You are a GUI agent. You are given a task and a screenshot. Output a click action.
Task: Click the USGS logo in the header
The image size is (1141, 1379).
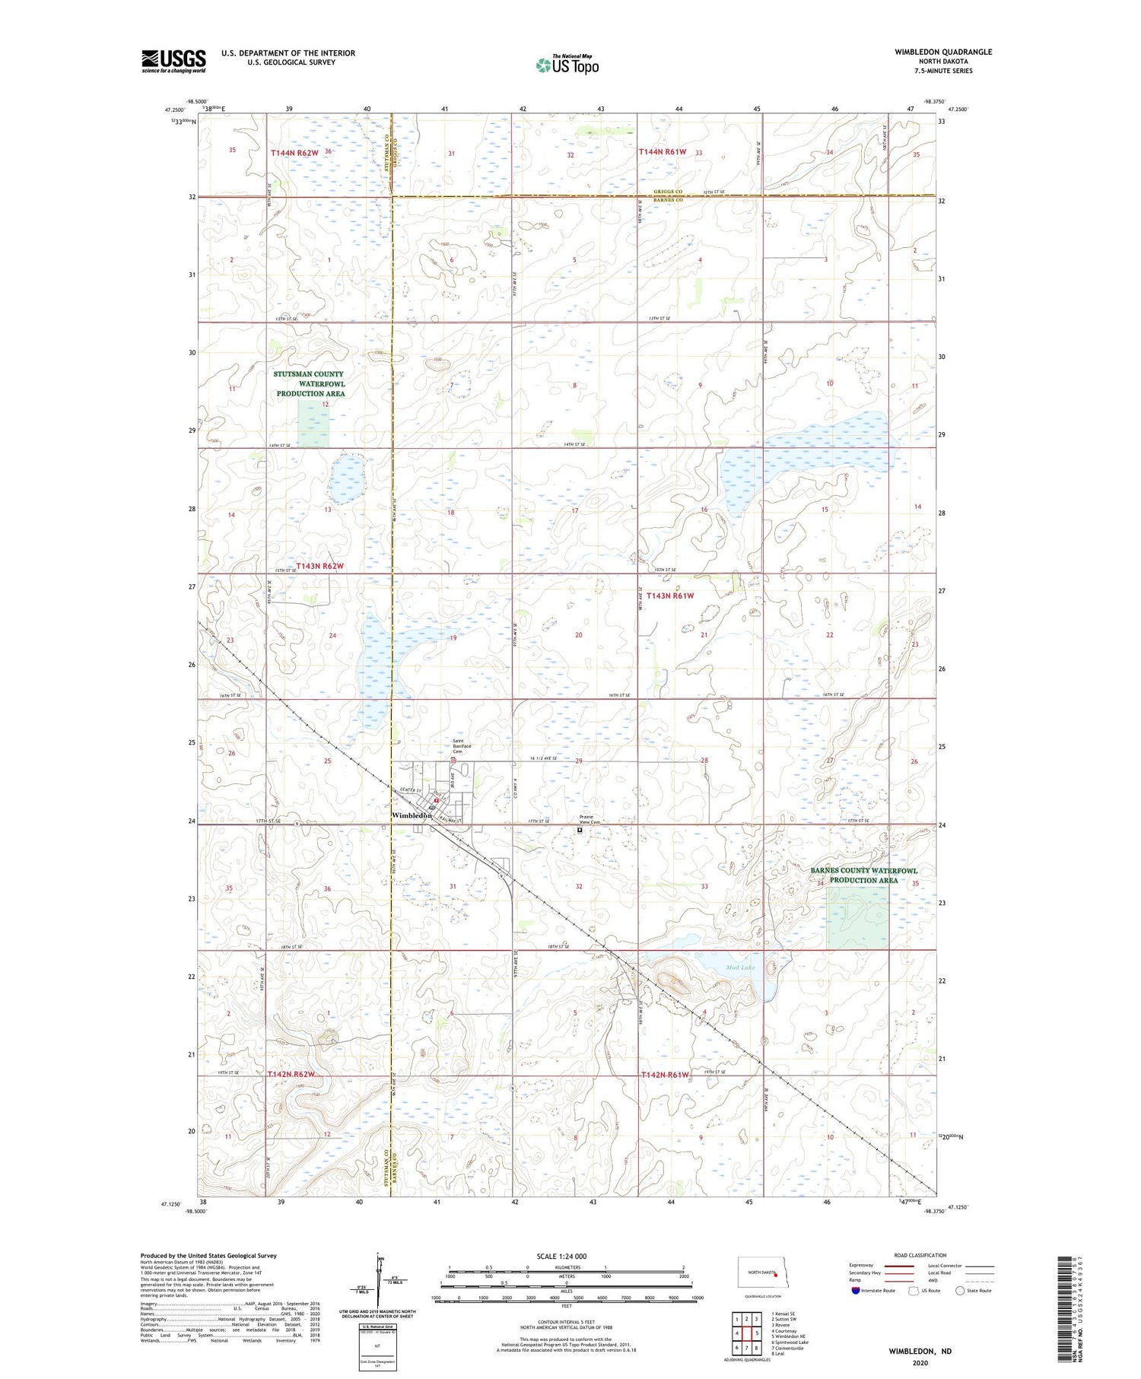(x=173, y=60)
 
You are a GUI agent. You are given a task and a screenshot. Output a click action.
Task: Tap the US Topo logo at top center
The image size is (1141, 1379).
(x=567, y=65)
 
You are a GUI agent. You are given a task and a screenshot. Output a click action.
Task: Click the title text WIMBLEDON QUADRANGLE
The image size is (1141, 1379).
(x=933, y=52)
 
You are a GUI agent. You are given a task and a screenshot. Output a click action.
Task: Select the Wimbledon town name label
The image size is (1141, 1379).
(x=412, y=815)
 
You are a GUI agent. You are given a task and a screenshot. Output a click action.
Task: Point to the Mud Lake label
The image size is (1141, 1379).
(x=739, y=967)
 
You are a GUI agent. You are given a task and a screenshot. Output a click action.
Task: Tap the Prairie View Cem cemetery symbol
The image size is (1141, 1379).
(x=580, y=831)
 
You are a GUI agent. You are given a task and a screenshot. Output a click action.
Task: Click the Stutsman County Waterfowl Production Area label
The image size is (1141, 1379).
(x=310, y=383)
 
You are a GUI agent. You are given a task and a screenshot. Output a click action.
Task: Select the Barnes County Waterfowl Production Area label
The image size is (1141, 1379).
(x=863, y=875)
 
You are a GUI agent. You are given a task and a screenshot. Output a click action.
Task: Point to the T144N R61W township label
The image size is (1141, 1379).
(x=662, y=151)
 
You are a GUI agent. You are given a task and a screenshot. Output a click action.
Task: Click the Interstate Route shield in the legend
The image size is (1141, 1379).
(x=856, y=1290)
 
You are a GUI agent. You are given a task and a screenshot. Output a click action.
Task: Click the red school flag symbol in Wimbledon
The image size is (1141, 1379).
(x=436, y=800)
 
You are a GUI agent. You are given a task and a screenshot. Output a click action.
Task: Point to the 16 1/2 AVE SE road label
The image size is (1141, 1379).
(x=543, y=758)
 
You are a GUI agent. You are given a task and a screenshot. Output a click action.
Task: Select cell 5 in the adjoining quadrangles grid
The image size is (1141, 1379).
(x=758, y=1333)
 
